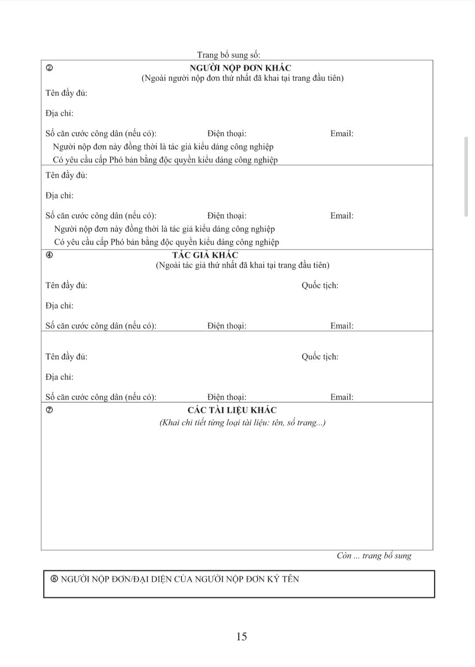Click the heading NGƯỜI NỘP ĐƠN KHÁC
[240, 68]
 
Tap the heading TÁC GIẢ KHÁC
[205, 255]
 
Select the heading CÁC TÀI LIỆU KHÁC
[232, 410]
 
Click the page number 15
[241, 636]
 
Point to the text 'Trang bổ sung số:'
[228, 55]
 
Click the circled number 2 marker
[49, 68]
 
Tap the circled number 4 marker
[49, 255]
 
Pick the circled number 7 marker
[49, 410]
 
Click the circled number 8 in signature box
[54, 579]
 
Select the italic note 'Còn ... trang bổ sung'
[374, 556]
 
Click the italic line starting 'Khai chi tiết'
[242, 423]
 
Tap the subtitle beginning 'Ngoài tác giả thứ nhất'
[242, 265]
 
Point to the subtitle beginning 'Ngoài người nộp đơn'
[242, 78]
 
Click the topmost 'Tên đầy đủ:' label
[66, 93]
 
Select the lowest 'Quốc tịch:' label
[320, 357]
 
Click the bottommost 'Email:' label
[342, 397]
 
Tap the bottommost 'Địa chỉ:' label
[59, 377]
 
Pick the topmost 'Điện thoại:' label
[227, 133]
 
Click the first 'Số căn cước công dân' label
[101, 133]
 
